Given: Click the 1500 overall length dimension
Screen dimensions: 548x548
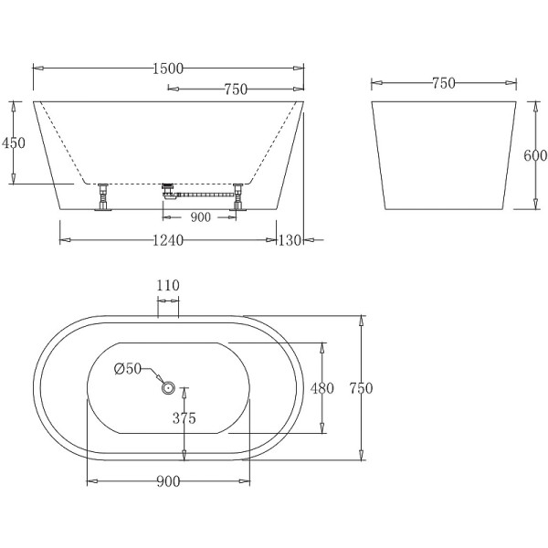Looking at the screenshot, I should (x=169, y=67).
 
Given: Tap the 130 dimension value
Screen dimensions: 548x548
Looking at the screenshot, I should (x=290, y=240).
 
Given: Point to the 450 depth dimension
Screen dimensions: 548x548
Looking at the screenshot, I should (x=14, y=142).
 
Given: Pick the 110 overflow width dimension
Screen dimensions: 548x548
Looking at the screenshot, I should (x=167, y=285).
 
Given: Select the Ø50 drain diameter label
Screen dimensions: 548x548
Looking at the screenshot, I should (x=127, y=369).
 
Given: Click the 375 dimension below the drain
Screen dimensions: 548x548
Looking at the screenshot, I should (x=185, y=421).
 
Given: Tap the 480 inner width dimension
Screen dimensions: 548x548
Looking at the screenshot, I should (x=322, y=388).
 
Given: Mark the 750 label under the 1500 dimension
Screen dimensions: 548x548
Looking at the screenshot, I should (x=236, y=89).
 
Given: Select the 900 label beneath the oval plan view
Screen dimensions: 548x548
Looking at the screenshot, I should (x=167, y=480).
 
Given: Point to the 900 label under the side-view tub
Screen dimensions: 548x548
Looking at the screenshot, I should (x=200, y=217).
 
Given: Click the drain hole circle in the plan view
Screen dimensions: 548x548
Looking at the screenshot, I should (x=168, y=388).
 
